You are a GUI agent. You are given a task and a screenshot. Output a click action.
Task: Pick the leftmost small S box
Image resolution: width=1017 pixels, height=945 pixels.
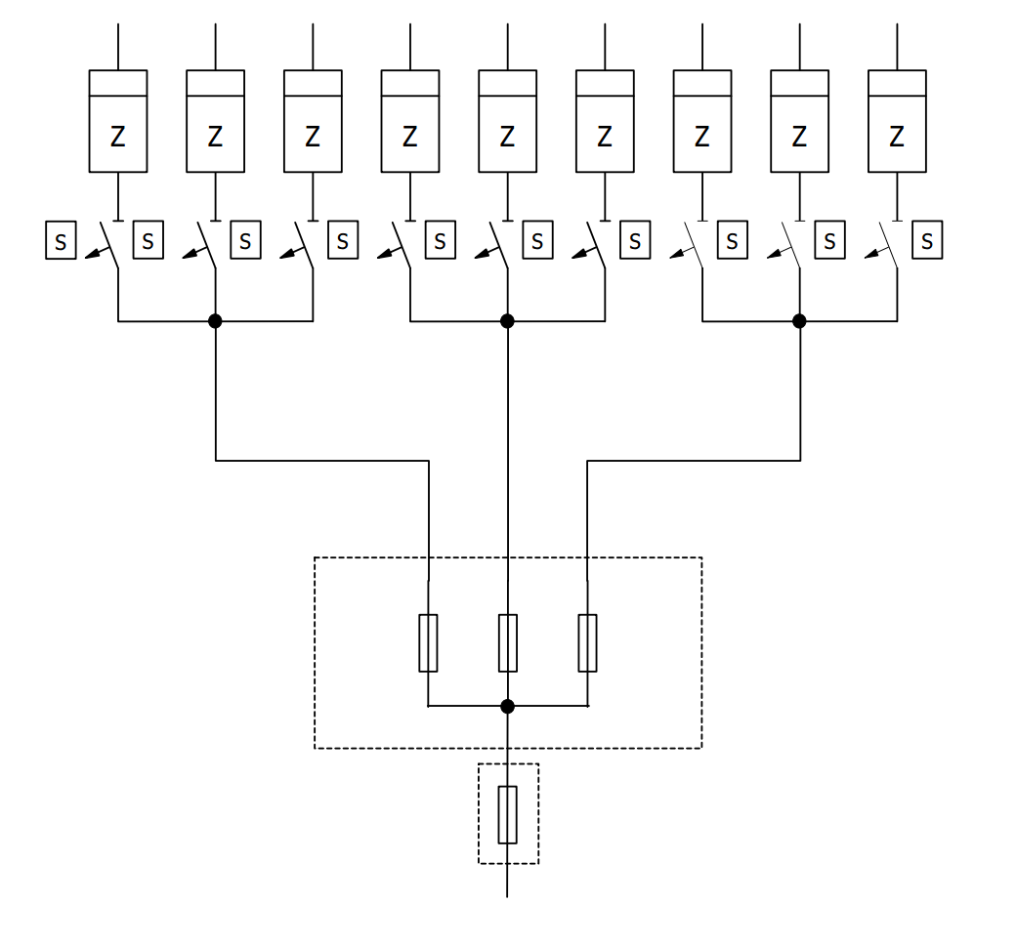[61, 241]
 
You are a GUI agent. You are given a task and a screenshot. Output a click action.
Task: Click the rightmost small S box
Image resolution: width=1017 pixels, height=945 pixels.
[927, 240]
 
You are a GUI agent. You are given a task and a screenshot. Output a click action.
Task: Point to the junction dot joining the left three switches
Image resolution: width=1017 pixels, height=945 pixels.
[215, 320]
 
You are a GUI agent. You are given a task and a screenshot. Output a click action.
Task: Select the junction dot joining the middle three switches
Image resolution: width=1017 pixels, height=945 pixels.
[507, 320]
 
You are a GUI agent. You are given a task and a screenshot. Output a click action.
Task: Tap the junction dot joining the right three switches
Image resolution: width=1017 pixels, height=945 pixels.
[799, 320]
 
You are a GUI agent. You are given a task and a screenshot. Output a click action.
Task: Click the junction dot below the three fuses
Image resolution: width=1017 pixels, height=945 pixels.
[507, 706]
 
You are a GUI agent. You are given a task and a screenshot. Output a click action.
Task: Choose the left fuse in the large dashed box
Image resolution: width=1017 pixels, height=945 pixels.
[428, 643]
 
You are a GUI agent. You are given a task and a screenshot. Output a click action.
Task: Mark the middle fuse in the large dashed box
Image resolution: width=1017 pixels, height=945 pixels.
[507, 643]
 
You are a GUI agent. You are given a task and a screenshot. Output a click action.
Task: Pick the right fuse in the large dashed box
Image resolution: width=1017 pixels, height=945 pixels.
[587, 643]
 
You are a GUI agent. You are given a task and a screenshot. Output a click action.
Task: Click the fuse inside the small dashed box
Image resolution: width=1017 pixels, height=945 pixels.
[507, 814]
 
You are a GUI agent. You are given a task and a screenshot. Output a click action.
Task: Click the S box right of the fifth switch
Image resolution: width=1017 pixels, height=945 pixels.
[537, 240]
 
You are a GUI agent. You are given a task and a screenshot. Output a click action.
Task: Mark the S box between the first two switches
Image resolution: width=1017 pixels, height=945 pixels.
[148, 240]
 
